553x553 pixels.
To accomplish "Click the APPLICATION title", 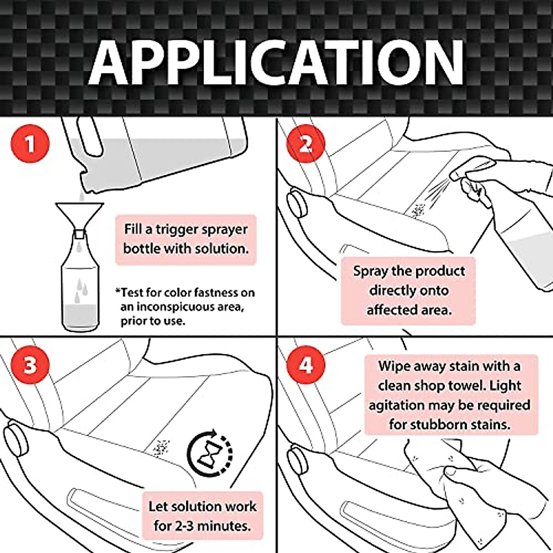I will (x=276, y=62).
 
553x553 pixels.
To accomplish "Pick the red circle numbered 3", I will (x=30, y=365).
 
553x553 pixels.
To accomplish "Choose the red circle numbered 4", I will (x=306, y=365).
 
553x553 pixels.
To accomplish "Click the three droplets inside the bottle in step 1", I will (x=82, y=288).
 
